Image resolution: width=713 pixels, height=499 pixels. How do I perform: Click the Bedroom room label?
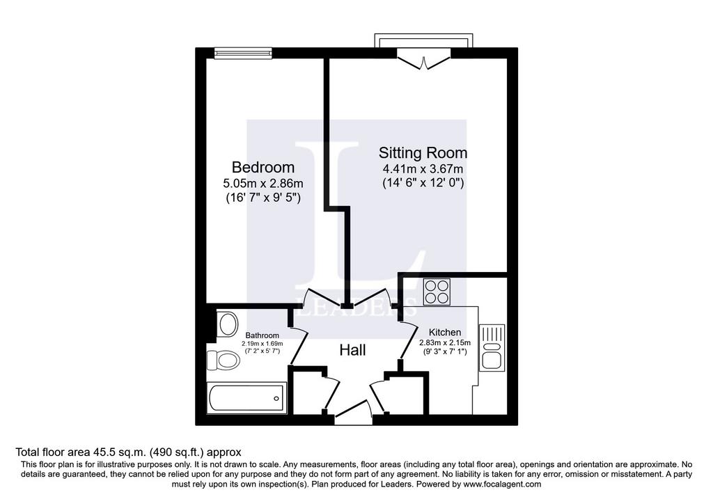click(263, 167)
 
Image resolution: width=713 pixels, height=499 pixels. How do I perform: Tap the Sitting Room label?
click(423, 152)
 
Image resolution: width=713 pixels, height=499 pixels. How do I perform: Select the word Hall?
click(352, 350)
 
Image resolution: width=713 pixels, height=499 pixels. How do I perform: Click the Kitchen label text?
click(445, 332)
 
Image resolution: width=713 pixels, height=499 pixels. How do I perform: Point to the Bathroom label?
click(263, 335)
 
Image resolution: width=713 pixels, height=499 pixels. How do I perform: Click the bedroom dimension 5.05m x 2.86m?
click(263, 184)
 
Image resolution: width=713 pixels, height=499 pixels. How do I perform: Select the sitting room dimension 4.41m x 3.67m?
click(423, 169)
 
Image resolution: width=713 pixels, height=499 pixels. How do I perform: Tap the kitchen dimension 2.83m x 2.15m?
click(445, 342)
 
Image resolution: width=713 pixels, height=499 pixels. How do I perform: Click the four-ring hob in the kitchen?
click(437, 292)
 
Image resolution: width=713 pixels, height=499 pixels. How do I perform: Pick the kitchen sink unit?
click(492, 347)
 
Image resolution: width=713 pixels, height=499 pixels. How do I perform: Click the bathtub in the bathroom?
click(246, 398)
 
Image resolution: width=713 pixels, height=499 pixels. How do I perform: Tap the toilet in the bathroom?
click(224, 361)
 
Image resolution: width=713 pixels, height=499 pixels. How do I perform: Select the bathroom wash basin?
click(228, 324)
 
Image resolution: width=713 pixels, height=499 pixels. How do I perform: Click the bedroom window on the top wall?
click(243, 53)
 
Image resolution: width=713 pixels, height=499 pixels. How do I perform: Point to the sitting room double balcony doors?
click(423, 60)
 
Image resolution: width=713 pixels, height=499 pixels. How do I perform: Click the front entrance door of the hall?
click(353, 410)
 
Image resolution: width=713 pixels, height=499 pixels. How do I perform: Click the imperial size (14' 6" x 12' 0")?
click(423, 184)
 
